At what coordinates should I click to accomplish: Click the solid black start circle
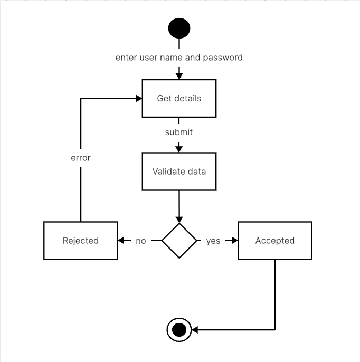[x=179, y=28]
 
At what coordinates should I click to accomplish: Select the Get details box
[x=179, y=98]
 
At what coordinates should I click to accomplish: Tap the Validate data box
[x=179, y=172]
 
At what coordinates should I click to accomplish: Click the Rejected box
[x=81, y=241]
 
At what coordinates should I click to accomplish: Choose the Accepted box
[x=274, y=241]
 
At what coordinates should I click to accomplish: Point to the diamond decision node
[x=179, y=241]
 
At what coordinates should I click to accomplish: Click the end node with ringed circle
[x=179, y=330]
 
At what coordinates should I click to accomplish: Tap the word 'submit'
[x=179, y=132]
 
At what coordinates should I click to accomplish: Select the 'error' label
[x=81, y=158]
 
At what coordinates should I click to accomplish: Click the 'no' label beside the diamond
[x=141, y=241]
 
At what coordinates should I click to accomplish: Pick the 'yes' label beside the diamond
[x=213, y=241]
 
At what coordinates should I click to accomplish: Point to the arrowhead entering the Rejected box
[x=122, y=241]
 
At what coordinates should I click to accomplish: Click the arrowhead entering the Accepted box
[x=234, y=241]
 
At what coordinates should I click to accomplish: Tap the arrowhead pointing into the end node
[x=194, y=330]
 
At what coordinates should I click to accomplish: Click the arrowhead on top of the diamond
[x=179, y=219]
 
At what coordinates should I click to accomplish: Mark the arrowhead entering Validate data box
[x=179, y=149]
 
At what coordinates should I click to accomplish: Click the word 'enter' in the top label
[x=126, y=57]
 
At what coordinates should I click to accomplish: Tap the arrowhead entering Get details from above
[x=179, y=75]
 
